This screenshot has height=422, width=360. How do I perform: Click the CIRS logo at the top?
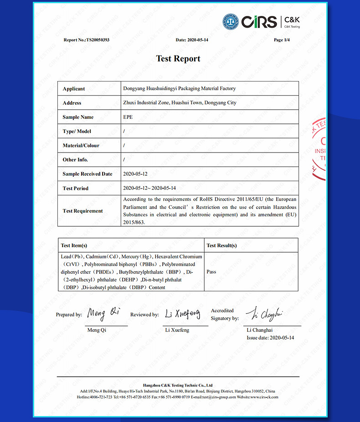point(258,21)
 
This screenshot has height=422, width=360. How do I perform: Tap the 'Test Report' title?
point(178,58)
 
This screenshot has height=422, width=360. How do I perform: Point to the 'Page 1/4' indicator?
point(282,40)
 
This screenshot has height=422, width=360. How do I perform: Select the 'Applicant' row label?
point(74,89)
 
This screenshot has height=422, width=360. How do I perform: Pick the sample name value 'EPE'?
point(128,117)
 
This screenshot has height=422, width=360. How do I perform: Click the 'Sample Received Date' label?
point(87,174)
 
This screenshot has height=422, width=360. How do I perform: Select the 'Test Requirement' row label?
point(83,211)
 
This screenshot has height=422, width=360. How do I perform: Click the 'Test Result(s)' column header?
point(221,245)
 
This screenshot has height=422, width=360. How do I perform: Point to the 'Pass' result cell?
point(211,272)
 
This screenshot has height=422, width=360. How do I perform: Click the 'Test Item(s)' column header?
point(74,245)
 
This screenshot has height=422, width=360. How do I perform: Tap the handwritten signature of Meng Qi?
point(104,313)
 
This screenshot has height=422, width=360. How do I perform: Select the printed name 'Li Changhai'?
point(260,330)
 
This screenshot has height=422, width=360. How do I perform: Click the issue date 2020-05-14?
point(282,338)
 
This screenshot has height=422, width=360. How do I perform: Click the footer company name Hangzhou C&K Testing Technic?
point(178,385)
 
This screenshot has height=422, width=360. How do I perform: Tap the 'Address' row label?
point(72,103)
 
